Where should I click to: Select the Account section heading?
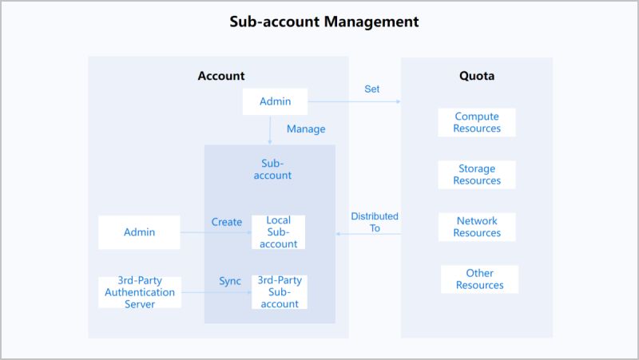(221, 77)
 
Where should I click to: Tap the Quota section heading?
(477, 77)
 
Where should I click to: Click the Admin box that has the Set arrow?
(275, 101)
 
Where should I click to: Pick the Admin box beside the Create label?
(139, 232)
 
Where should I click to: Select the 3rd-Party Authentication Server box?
(140, 292)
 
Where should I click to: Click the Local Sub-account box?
(279, 232)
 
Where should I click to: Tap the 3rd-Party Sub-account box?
(279, 292)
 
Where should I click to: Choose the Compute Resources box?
(477, 122)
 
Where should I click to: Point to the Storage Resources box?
(477, 175)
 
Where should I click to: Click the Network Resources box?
(477, 227)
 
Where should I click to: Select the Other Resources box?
(479, 279)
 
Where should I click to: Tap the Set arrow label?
(371, 89)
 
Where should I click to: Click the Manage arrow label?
(306, 129)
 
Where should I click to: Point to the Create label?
(227, 222)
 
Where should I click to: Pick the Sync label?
(230, 282)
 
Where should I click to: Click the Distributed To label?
(375, 222)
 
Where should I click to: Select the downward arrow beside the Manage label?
(271, 129)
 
